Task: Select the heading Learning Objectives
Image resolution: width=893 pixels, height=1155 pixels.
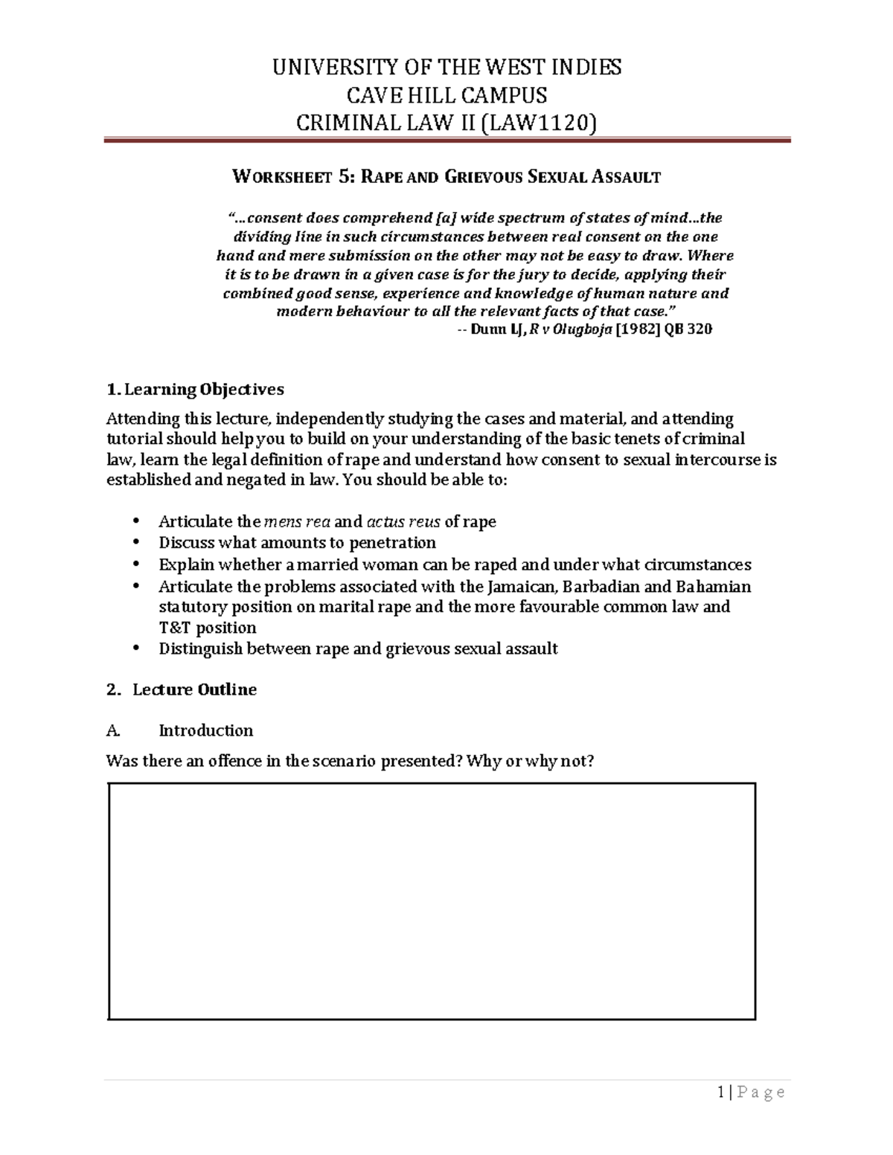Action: tap(203, 389)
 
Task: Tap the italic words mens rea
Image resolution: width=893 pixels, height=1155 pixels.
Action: tap(298, 521)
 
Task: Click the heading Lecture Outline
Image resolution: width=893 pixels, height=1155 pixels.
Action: tap(194, 689)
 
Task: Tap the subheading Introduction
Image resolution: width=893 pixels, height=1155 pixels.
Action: tap(206, 730)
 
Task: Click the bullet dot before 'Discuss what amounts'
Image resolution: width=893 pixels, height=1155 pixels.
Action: tap(135, 543)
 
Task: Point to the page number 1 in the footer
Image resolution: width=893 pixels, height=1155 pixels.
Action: tap(721, 1092)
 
